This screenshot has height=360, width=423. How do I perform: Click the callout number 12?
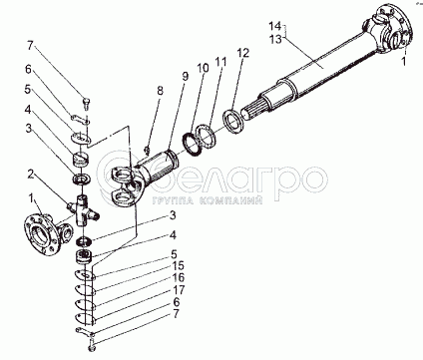tap(243, 53)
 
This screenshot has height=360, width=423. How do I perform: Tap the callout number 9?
tap(185, 76)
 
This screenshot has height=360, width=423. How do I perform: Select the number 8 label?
tap(161, 91)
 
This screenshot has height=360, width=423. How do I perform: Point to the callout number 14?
tap(275, 26)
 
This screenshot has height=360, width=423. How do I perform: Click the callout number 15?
tap(179, 266)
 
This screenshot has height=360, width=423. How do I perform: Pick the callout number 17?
tap(179, 290)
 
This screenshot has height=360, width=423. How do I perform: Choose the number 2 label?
tap(31, 175)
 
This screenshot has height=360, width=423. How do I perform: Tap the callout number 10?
tap(204, 68)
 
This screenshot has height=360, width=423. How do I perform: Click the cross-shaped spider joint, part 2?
tap(83, 211)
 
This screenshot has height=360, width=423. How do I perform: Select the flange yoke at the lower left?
tap(49, 233)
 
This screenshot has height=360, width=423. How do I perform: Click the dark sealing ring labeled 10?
tap(193, 144)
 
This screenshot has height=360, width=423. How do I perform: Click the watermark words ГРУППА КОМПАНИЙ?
tap(208, 200)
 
